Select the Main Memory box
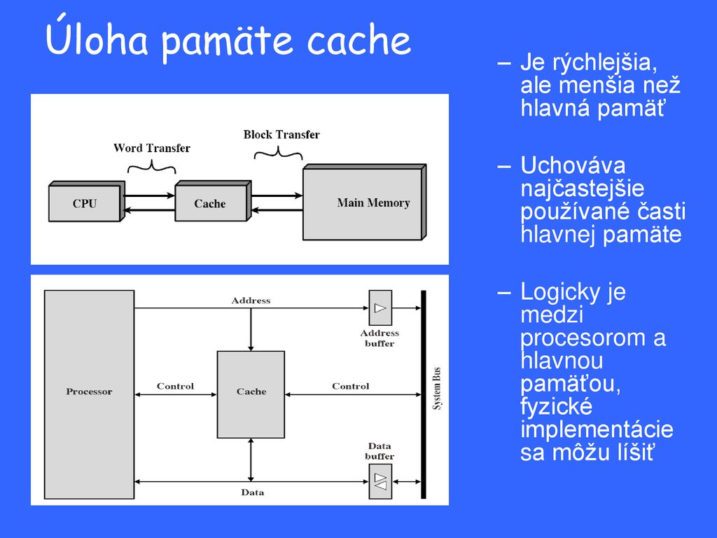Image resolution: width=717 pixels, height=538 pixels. pyautogui.click(x=364, y=202)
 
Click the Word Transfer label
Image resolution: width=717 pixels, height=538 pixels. pyautogui.click(x=152, y=149)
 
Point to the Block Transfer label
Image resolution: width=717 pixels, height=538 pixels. pyautogui.click(x=281, y=134)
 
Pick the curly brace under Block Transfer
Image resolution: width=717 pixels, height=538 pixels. pyautogui.click(x=279, y=153)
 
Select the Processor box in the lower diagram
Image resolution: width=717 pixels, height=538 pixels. pyautogui.click(x=89, y=394)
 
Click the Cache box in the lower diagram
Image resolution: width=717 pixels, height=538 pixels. pyautogui.click(x=251, y=394)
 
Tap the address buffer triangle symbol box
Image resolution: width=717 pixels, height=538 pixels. pyautogui.click(x=380, y=308)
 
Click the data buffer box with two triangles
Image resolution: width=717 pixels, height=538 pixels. pyautogui.click(x=380, y=481)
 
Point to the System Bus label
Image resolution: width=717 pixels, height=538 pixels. pyautogui.click(x=437, y=388)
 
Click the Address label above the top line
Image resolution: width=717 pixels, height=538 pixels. pyautogui.click(x=251, y=301)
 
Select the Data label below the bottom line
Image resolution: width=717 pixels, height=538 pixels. pyautogui.click(x=252, y=492)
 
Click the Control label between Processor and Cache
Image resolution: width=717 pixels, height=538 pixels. pyautogui.click(x=176, y=386)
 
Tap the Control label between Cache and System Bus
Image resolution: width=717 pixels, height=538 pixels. pyautogui.click(x=351, y=386)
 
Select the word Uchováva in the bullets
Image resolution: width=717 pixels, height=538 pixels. pyautogui.click(x=573, y=165)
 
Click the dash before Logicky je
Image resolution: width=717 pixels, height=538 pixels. pyautogui.click(x=504, y=292)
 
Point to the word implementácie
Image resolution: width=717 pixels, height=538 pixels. pyautogui.click(x=597, y=429)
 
